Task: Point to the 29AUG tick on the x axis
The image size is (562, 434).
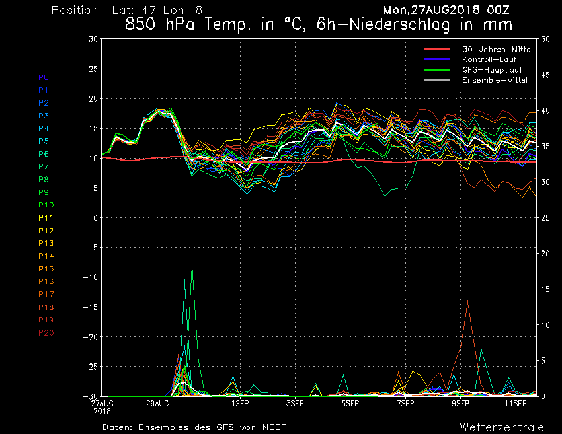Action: tap(157, 402)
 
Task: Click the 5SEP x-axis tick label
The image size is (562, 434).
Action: tap(350, 402)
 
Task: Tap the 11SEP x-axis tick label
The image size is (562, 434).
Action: tap(516, 402)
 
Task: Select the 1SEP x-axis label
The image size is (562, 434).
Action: tap(239, 402)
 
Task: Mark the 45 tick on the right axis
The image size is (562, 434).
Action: tap(545, 75)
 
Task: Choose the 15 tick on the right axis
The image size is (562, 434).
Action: tap(545, 289)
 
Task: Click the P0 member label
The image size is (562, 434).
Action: tap(44, 77)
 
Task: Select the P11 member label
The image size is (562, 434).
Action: tap(46, 217)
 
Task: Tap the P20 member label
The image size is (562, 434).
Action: tap(46, 332)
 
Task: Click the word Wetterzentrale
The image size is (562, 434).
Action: tap(502, 427)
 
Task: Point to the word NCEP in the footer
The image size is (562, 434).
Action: tap(273, 427)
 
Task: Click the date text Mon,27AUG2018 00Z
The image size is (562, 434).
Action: tap(446, 10)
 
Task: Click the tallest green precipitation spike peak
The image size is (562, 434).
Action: tap(192, 260)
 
